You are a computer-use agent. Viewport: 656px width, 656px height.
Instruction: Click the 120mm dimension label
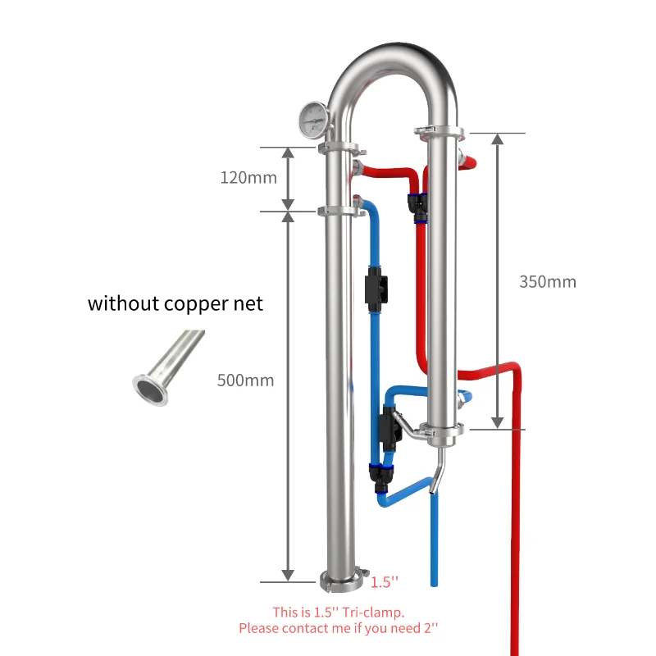point(248,177)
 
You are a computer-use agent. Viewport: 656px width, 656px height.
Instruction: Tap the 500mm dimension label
point(245,380)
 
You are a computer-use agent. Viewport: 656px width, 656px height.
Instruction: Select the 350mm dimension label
point(548,282)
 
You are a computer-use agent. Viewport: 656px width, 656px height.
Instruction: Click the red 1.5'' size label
point(385,582)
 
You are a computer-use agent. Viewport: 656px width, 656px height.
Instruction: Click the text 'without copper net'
point(175,303)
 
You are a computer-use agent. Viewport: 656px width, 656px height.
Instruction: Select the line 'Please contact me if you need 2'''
point(339,628)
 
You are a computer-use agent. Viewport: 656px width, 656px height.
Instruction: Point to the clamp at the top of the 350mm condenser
point(440,130)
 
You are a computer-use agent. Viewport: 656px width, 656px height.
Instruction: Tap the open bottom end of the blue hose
point(435,582)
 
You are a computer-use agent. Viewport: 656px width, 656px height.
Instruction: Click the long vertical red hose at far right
point(517,525)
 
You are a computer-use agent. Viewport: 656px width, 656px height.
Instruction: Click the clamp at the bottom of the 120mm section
point(341,212)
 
